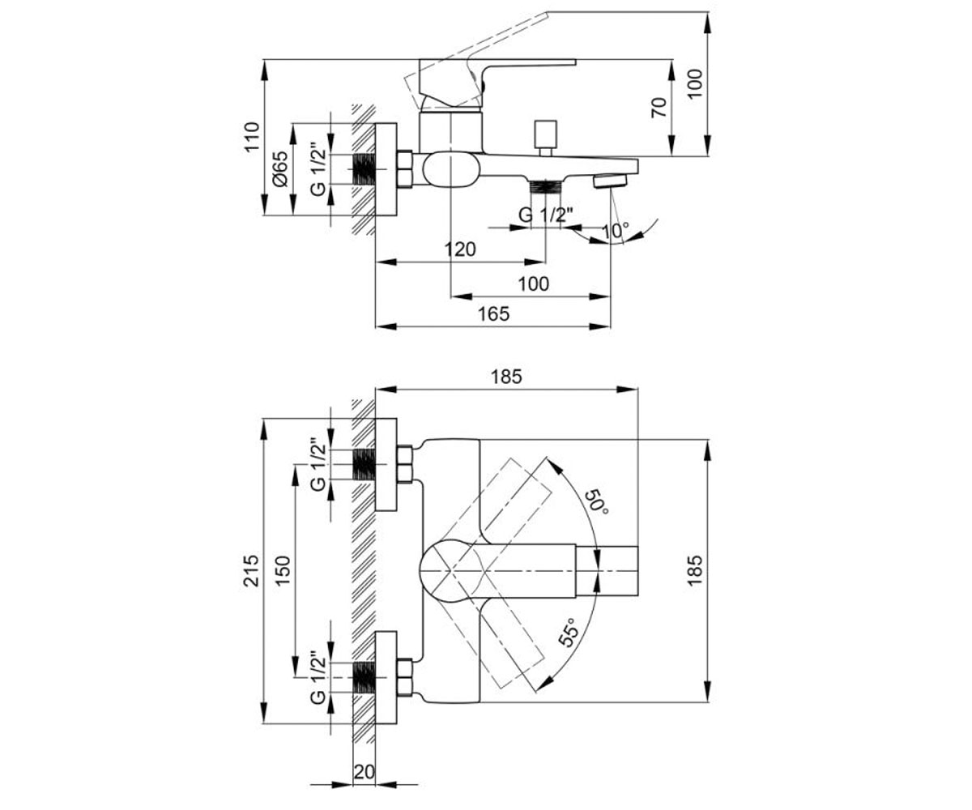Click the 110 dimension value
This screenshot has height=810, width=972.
click(252, 136)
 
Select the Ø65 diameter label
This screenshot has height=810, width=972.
click(281, 169)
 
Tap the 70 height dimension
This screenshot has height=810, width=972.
click(659, 108)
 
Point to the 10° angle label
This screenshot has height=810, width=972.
click(615, 230)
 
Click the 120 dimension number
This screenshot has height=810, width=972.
click(460, 249)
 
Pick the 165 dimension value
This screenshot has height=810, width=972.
click(494, 313)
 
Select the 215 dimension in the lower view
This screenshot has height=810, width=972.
click(252, 570)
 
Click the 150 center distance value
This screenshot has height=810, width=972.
click(283, 570)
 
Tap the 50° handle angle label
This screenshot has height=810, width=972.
click(596, 502)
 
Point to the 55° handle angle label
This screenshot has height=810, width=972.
click(569, 633)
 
